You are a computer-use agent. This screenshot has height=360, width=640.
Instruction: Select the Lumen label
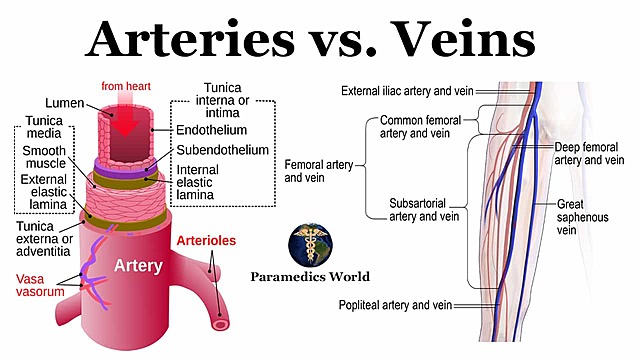coord(65,104)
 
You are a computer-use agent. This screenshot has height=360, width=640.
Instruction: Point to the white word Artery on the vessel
coord(138,267)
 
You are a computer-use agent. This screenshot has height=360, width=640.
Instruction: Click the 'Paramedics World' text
coord(311,277)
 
